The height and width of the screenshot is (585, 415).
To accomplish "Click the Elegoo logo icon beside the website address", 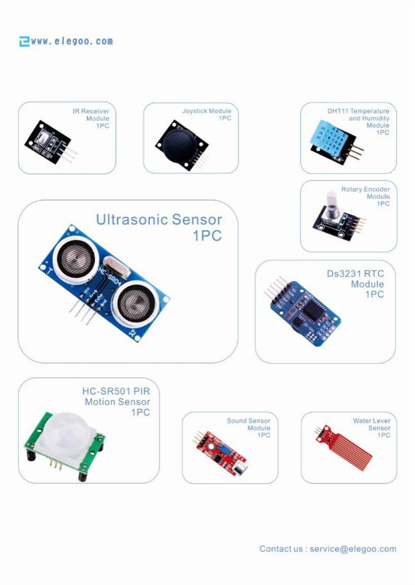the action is [24, 41].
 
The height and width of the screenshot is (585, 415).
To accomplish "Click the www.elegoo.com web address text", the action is [72, 41].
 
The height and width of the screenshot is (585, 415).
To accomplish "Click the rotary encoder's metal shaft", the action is [332, 204].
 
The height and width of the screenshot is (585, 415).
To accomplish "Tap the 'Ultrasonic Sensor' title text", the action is [159, 220].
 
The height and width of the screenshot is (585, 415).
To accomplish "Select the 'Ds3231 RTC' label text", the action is [355, 273].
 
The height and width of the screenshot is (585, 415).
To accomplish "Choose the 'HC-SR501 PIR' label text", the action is [116, 391].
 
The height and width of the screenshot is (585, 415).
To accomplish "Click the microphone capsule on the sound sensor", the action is [240, 469].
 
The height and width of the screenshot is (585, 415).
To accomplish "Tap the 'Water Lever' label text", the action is [371, 421].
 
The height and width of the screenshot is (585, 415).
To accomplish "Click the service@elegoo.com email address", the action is [353, 549].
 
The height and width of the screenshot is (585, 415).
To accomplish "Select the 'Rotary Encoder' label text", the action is [365, 189].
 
